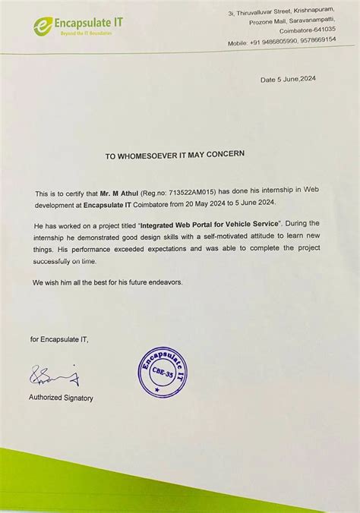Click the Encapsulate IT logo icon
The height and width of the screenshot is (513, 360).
click(x=42, y=27)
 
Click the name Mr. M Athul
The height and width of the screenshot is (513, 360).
click(x=118, y=194)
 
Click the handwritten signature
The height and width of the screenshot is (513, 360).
click(x=53, y=376)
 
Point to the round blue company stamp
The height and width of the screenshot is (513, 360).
click(x=162, y=372)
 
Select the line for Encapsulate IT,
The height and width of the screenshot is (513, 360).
click(x=59, y=339)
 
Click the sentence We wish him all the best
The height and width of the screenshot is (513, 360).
click(x=107, y=282)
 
